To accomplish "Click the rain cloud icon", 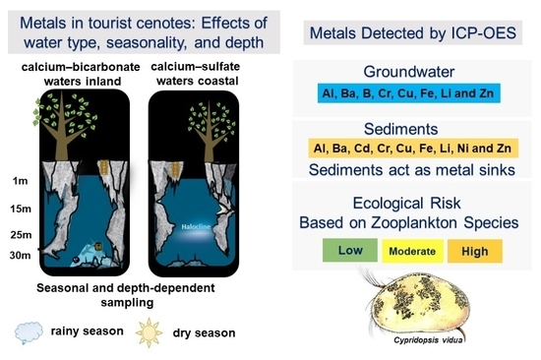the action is tap(29, 332).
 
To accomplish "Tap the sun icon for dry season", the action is tap(149, 332).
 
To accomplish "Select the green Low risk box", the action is tap(350, 250).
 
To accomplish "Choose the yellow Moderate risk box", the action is tap(412, 251).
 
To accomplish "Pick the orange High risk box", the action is tap(475, 251).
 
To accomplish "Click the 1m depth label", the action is tap(20, 181).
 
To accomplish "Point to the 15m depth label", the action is tap(21, 209).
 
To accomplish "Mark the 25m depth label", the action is tap(21, 235).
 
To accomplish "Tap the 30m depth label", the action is tap(21, 256).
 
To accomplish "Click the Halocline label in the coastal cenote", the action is tap(196, 227).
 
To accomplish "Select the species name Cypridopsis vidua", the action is tap(428, 340).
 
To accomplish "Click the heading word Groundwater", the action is tap(409, 72).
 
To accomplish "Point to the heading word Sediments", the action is tap(401, 129).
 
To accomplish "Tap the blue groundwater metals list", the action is tap(409, 93).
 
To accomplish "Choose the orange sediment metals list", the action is tap(413, 149).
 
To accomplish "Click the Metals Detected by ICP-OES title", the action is tap(413, 33).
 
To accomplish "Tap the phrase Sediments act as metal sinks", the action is tap(412, 170).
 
